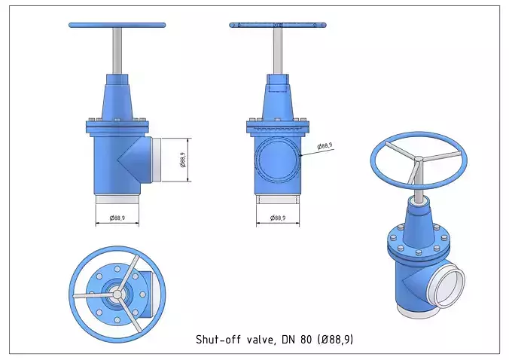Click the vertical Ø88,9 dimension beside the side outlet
pyautogui.click(x=182, y=160)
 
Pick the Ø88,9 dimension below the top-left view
pyautogui.click(x=117, y=218)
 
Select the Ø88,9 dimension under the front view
pyautogui.click(x=277, y=218)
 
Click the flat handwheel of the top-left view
pyautogui.click(x=117, y=25)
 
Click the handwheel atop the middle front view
pyautogui.click(x=278, y=25)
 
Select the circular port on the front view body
pyautogui.click(x=277, y=160)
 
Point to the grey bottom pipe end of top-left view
pyautogui.click(x=117, y=200)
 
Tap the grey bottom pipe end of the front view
pyautogui.click(x=277, y=200)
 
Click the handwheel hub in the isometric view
pyautogui.click(x=417, y=158)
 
